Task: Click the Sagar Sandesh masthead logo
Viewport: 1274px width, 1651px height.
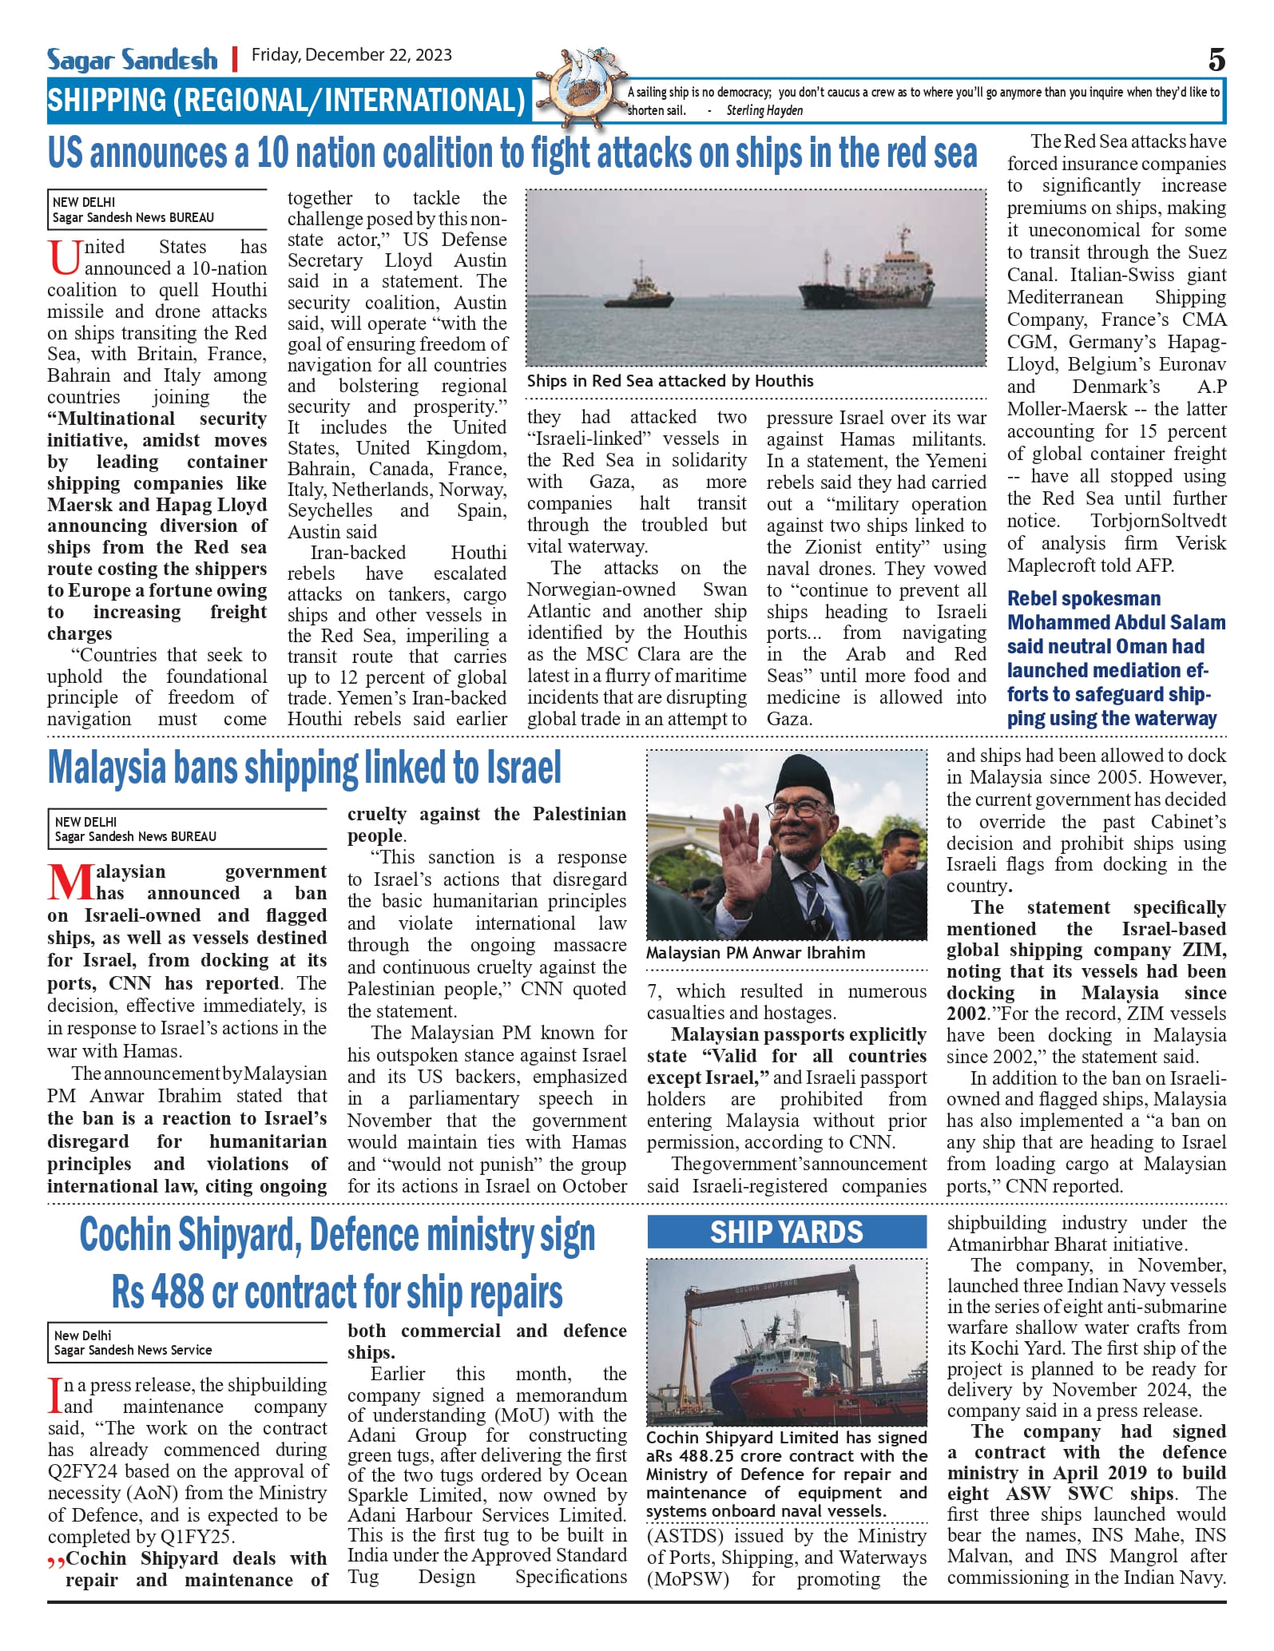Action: tap(132, 59)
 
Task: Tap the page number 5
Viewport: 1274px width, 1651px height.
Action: tap(1216, 60)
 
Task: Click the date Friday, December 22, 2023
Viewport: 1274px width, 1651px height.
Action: tap(351, 55)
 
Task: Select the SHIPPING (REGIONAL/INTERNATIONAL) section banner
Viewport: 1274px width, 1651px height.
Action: tap(286, 101)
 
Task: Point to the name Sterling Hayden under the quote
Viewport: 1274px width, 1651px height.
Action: tap(764, 111)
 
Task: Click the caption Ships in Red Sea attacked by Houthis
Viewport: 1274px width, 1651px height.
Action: tap(670, 381)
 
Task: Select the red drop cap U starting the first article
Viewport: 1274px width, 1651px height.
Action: tap(65, 257)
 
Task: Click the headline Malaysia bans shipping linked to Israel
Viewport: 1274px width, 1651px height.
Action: tap(304, 768)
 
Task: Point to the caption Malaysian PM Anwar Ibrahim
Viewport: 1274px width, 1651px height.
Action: tap(756, 953)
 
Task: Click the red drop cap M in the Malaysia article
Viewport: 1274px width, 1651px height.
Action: tap(70, 882)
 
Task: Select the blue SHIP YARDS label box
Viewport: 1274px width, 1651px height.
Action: tap(787, 1232)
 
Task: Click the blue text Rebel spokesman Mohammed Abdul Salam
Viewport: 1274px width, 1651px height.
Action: tap(1116, 610)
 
